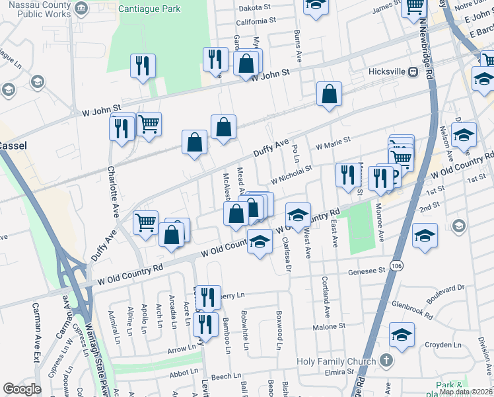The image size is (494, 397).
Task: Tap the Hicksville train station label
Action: pyautogui.click(x=386, y=71)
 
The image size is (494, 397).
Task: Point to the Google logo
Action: pyautogui.click(x=22, y=389)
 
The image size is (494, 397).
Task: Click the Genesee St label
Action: pyautogui.click(x=367, y=271)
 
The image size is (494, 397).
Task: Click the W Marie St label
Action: pyautogui.click(x=332, y=144)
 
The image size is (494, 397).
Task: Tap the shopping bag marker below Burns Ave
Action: pyautogui.click(x=329, y=94)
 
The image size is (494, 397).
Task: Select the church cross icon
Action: pyautogui.click(x=387, y=361)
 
